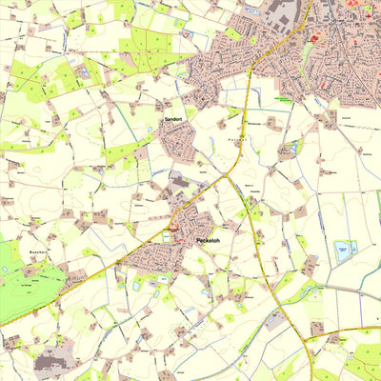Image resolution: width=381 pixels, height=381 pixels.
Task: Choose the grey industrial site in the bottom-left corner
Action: click(52, 362)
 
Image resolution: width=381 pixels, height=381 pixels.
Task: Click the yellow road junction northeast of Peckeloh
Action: click(228, 175)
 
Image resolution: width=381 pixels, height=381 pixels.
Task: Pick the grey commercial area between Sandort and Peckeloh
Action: click(181, 181)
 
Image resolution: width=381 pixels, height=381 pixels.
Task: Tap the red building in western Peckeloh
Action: click(177, 234)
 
